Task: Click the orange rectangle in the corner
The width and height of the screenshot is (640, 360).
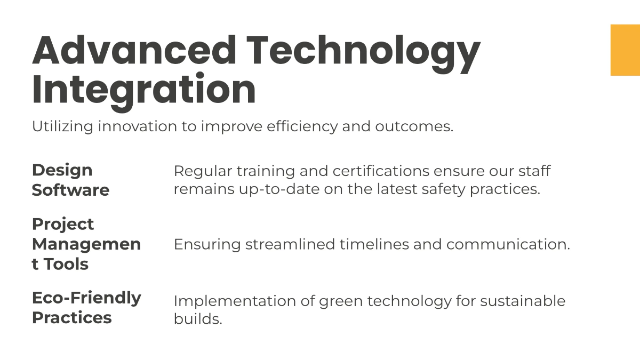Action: pyautogui.click(x=625, y=50)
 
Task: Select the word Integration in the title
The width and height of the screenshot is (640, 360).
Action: pyautogui.click(x=144, y=90)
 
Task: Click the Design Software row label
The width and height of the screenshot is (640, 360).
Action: pyautogui.click(x=70, y=180)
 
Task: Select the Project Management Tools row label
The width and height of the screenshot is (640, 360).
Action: pyautogui.click(x=86, y=244)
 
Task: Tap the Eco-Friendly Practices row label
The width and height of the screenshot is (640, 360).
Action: pyautogui.click(x=86, y=307)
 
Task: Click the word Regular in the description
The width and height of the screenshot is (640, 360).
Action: pyautogui.click(x=202, y=171)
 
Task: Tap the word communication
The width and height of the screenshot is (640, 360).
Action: pyautogui.click(x=507, y=244)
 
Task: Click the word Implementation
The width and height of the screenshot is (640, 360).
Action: pyautogui.click(x=231, y=301)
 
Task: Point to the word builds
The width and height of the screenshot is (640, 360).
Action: pyautogui.click(x=197, y=319)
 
